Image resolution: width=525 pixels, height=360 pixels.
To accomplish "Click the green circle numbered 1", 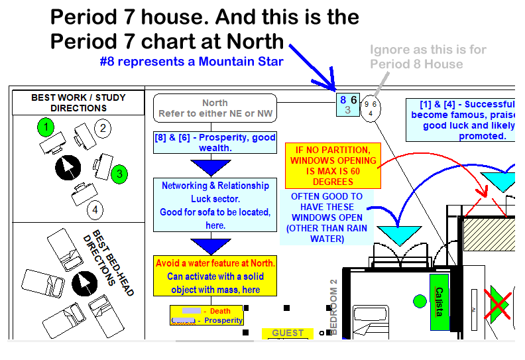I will (x=45, y=127).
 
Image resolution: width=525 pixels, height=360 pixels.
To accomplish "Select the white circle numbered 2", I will (x=101, y=128).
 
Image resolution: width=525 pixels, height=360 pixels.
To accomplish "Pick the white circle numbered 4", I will (x=95, y=210).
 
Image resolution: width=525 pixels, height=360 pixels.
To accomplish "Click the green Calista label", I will (x=438, y=302).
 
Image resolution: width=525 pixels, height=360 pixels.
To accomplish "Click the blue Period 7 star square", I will (x=347, y=105).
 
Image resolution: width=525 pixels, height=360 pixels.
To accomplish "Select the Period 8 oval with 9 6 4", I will (x=371, y=107).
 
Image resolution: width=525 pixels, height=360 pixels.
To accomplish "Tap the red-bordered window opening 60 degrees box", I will (x=333, y=166).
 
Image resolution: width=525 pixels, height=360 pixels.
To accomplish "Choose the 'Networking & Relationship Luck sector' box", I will (x=215, y=206).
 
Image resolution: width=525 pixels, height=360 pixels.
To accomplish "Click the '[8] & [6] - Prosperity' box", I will (x=215, y=143).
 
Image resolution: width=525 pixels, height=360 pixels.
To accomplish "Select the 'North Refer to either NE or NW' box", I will (x=215, y=108).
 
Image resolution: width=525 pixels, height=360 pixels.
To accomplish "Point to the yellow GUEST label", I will (x=288, y=333).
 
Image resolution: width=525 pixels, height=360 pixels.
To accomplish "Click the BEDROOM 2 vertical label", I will (x=333, y=306).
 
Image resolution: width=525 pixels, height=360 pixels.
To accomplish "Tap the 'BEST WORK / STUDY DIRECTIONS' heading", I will (x=78, y=103).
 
